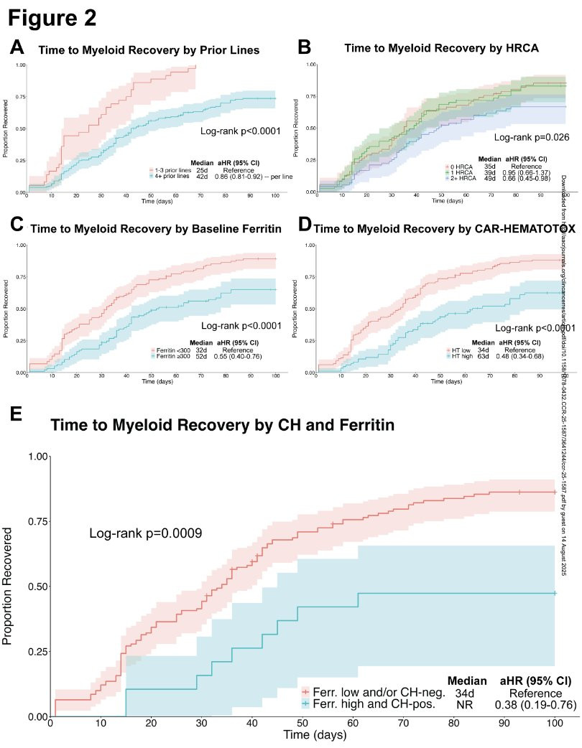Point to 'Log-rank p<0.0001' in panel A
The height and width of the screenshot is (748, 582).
coord(241,132)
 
